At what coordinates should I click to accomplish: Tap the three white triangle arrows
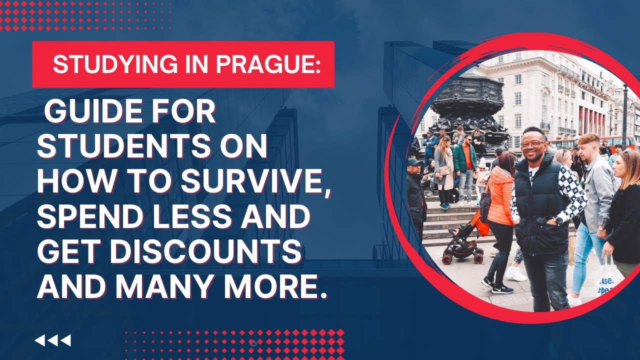tap(52, 340)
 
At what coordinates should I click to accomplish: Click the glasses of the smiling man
tap(532, 144)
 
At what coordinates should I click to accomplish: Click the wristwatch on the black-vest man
tap(558, 220)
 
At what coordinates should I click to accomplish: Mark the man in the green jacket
tap(465, 165)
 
